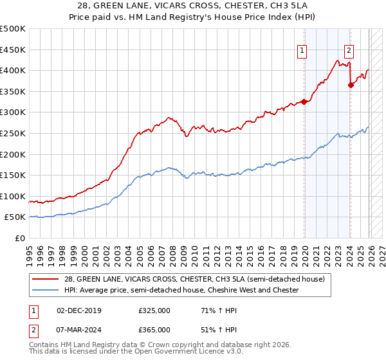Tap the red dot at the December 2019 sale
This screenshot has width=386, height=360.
[x=304, y=102]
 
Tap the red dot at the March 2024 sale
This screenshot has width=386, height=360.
[x=351, y=85]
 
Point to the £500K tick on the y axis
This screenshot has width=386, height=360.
[x=13, y=29]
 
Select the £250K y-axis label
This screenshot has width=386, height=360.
[x=13, y=134]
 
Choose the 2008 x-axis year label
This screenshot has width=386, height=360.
[x=173, y=249]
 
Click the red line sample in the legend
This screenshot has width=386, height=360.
[x=45, y=279]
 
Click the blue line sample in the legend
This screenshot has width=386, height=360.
[x=45, y=290]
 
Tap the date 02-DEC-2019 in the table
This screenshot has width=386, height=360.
[x=78, y=310]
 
